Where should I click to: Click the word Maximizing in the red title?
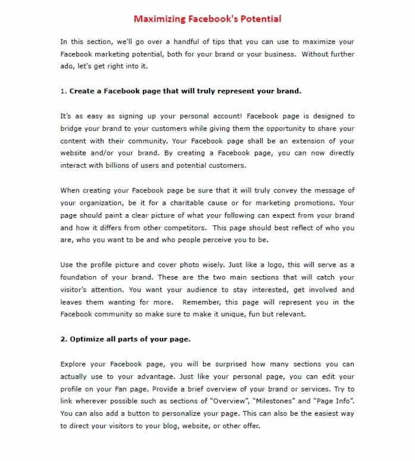[157, 18]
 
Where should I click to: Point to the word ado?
[67, 66]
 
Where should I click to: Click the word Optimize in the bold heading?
[88, 339]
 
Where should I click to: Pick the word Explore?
[74, 364]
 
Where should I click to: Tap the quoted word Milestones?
[279, 401]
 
